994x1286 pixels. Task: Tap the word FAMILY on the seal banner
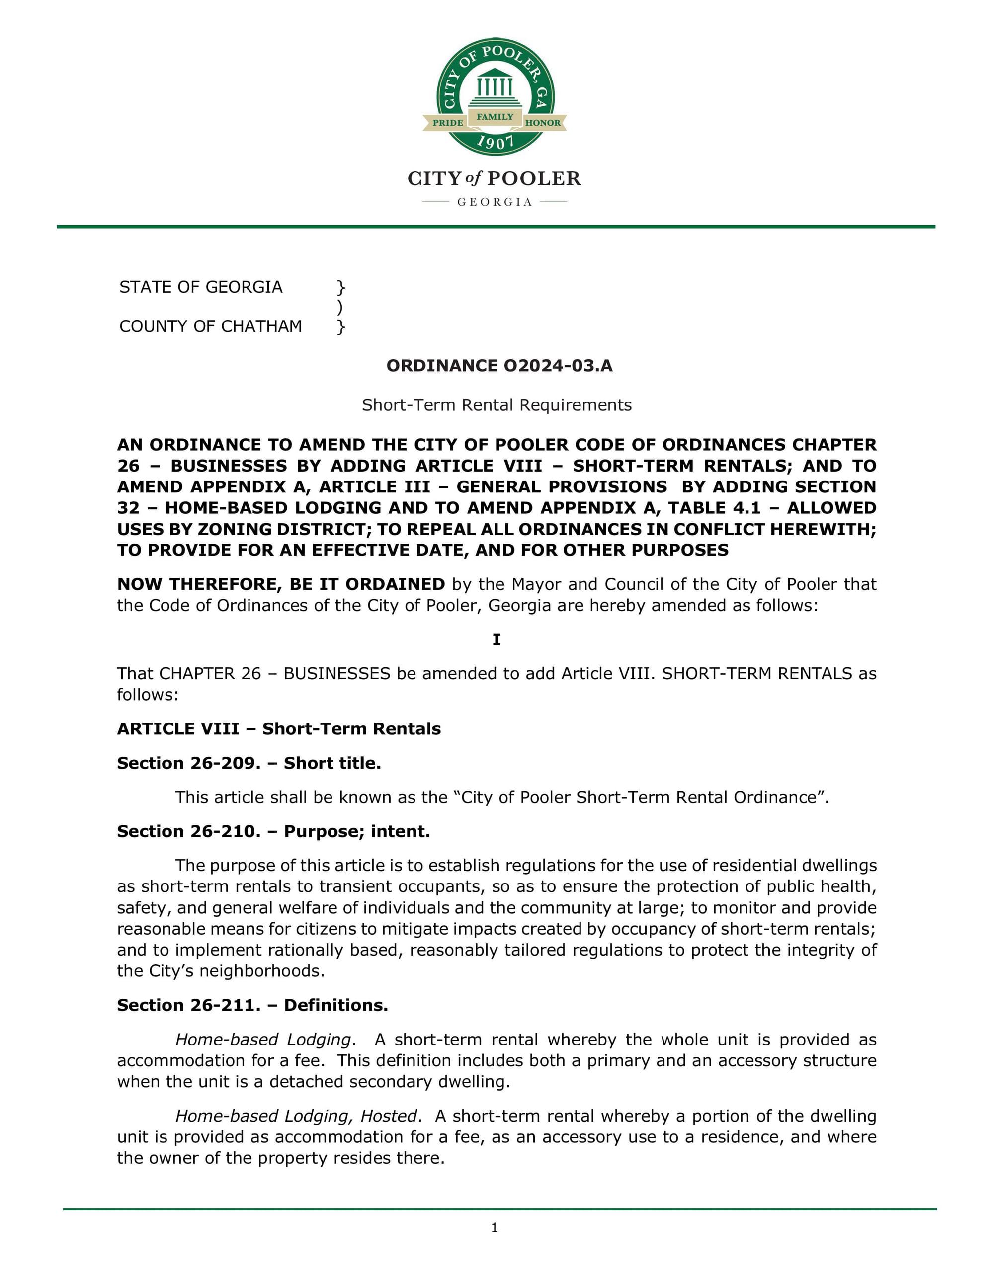coord(495,117)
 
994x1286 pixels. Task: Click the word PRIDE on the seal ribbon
coord(447,122)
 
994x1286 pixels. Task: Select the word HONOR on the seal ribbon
coord(542,122)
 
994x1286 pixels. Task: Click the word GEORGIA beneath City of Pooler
coord(495,202)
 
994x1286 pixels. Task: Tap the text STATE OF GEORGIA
coord(201,287)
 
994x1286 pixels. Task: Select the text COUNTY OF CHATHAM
coord(210,326)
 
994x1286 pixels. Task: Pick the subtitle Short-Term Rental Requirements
coord(497,405)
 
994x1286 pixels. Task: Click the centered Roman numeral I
coord(497,640)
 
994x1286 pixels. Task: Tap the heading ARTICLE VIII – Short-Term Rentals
coord(278,729)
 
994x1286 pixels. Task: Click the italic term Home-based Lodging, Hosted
coord(296,1116)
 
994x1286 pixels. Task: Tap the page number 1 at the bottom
coord(495,1228)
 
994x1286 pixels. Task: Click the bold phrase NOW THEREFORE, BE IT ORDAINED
coord(281,584)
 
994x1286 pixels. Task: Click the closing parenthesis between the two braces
coord(340,307)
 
